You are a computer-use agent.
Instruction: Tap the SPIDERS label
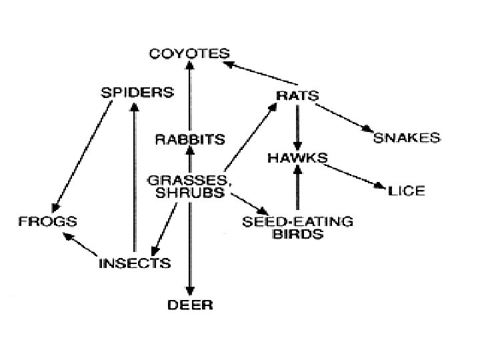[137, 92]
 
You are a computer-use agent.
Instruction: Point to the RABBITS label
[189, 139]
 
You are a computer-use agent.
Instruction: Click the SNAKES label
[407, 138]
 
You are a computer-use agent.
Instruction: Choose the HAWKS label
[297, 159]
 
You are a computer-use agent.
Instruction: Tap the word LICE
[406, 191]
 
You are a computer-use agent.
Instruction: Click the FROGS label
[47, 221]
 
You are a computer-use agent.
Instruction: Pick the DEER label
[190, 305]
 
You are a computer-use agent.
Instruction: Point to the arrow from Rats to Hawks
[298, 127]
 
